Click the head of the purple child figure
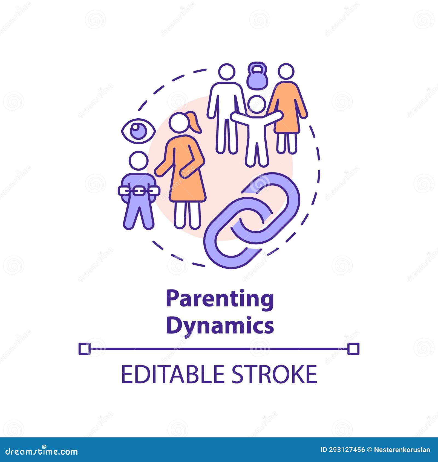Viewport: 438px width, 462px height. (x=139, y=161)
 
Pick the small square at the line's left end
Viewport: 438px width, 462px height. (x=84, y=349)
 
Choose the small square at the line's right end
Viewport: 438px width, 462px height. (x=353, y=349)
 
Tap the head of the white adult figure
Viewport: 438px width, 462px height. (x=227, y=72)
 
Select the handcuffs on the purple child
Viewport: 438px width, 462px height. (x=139, y=190)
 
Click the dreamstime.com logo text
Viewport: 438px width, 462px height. (x=42, y=452)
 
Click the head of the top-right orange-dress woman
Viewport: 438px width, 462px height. (x=286, y=72)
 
